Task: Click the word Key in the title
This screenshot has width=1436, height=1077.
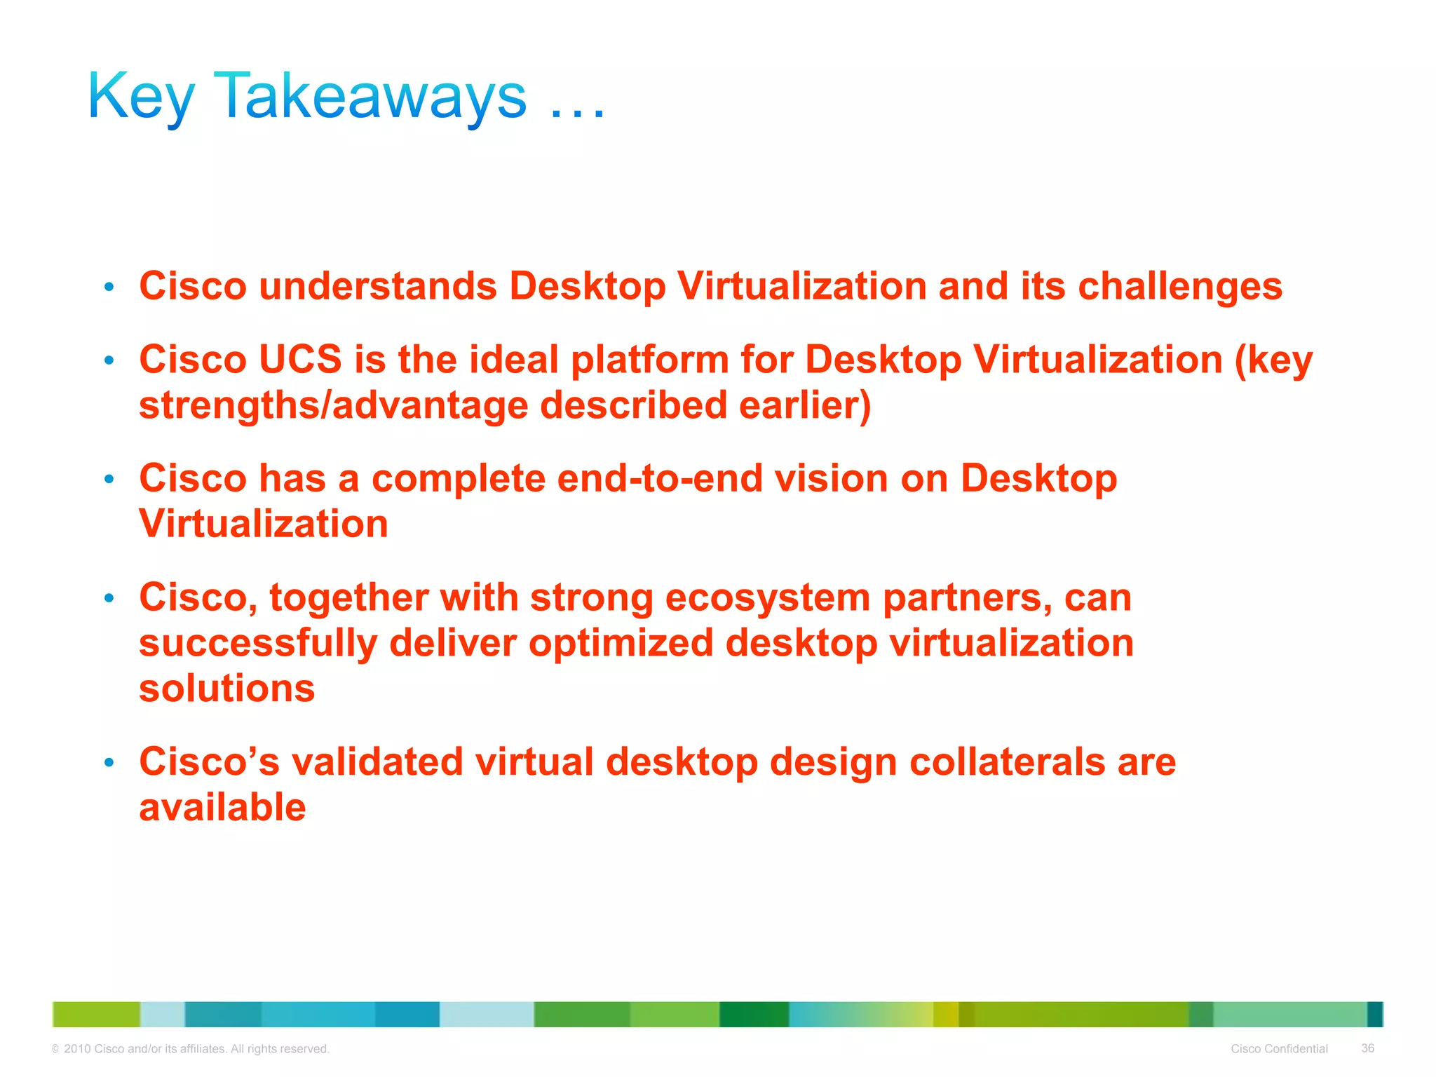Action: [141, 98]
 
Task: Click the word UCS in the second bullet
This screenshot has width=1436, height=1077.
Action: [300, 359]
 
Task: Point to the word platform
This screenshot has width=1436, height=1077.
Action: [650, 360]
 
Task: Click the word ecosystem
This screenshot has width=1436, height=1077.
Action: [767, 598]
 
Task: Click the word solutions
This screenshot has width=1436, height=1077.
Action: [226, 688]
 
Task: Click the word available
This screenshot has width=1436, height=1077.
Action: [222, 807]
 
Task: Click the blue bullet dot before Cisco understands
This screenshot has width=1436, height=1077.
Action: [109, 287]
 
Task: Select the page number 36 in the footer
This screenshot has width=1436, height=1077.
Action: [1367, 1048]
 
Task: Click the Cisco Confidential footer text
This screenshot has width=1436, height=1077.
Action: [1279, 1049]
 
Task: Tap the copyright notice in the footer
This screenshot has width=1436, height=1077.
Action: [191, 1049]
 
